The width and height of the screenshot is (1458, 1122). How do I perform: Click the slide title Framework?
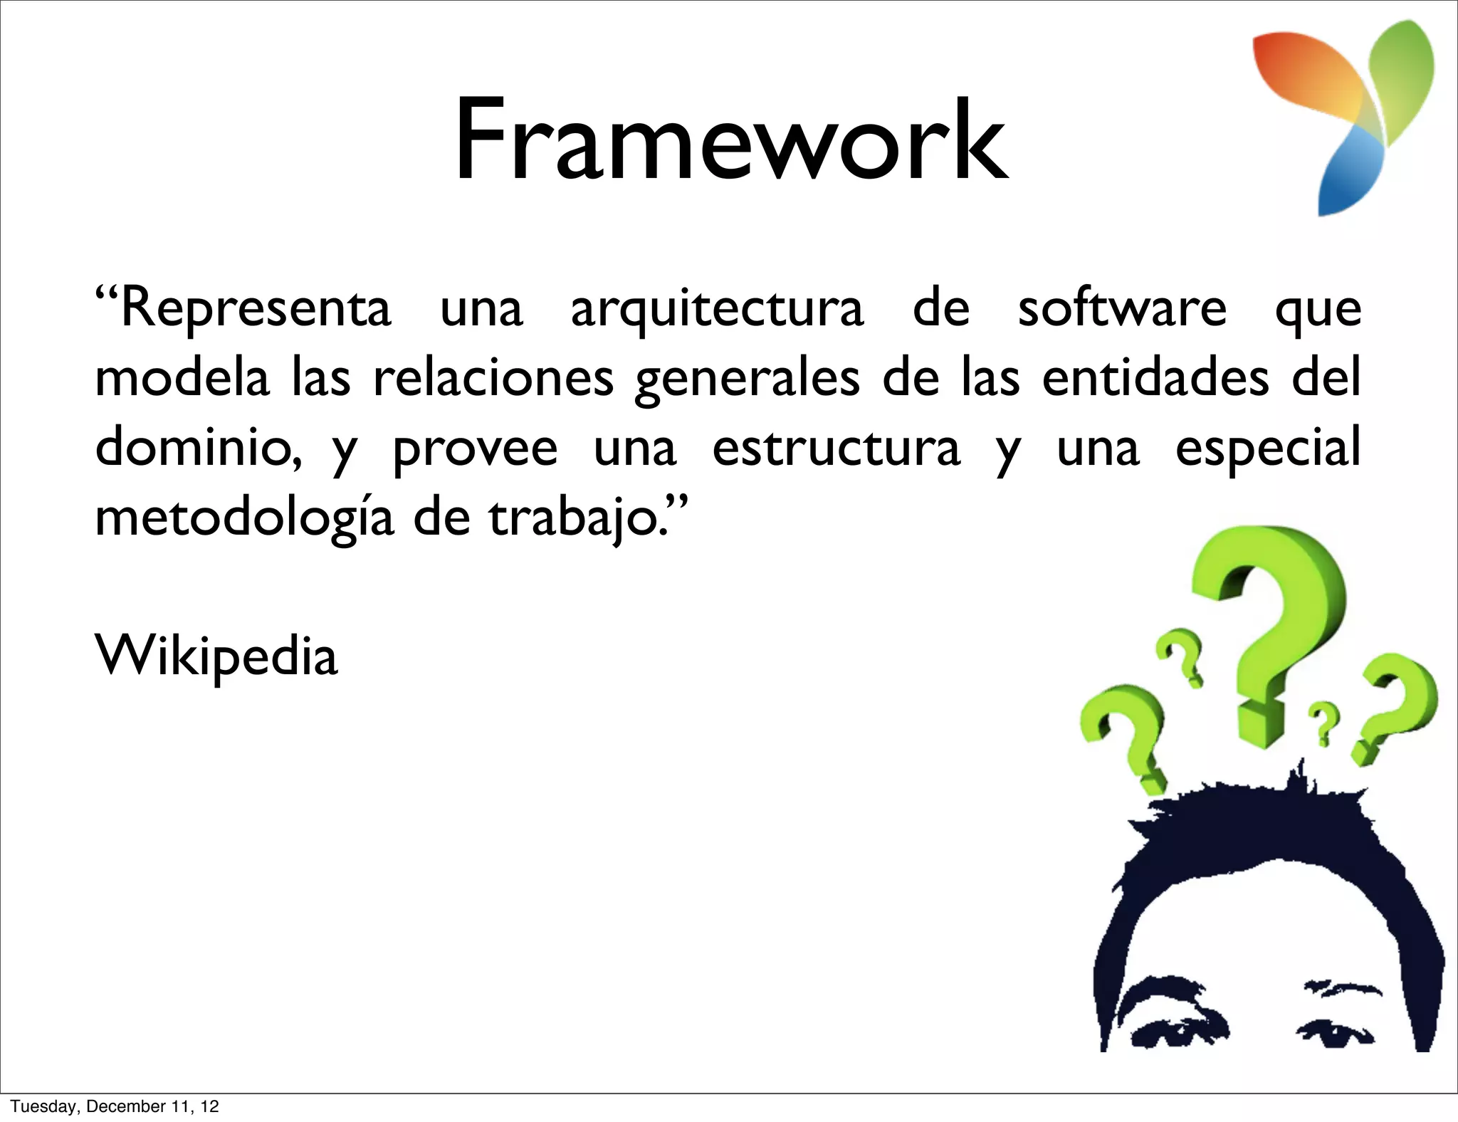coord(730,141)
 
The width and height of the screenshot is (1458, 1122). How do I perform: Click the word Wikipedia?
coord(216,656)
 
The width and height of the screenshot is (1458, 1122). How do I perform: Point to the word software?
coord(1122,308)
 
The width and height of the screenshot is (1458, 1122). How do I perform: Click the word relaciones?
coord(493,378)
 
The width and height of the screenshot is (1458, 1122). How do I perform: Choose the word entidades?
coord(1155,378)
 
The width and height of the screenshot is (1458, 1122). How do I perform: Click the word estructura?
coord(836,449)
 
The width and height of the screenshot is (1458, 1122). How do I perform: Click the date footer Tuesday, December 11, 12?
coord(115,1106)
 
